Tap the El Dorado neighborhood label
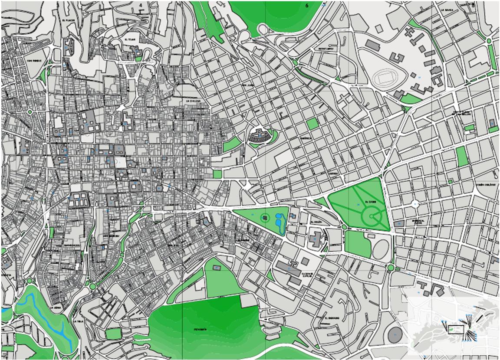tap(331, 317)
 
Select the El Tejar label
tap(130, 39)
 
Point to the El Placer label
tap(69, 20)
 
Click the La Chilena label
tap(192, 101)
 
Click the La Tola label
tap(78, 321)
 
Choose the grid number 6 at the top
tap(306, 6)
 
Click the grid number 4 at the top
tap(141, 5)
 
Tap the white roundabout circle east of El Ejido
tap(415, 203)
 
